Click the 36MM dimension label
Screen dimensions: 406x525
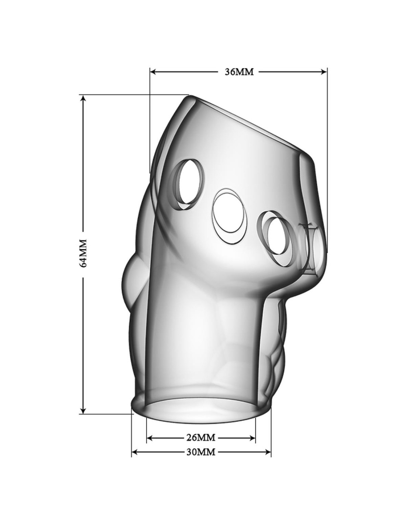click(239, 72)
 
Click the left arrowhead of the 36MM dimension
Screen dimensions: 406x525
click(154, 72)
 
